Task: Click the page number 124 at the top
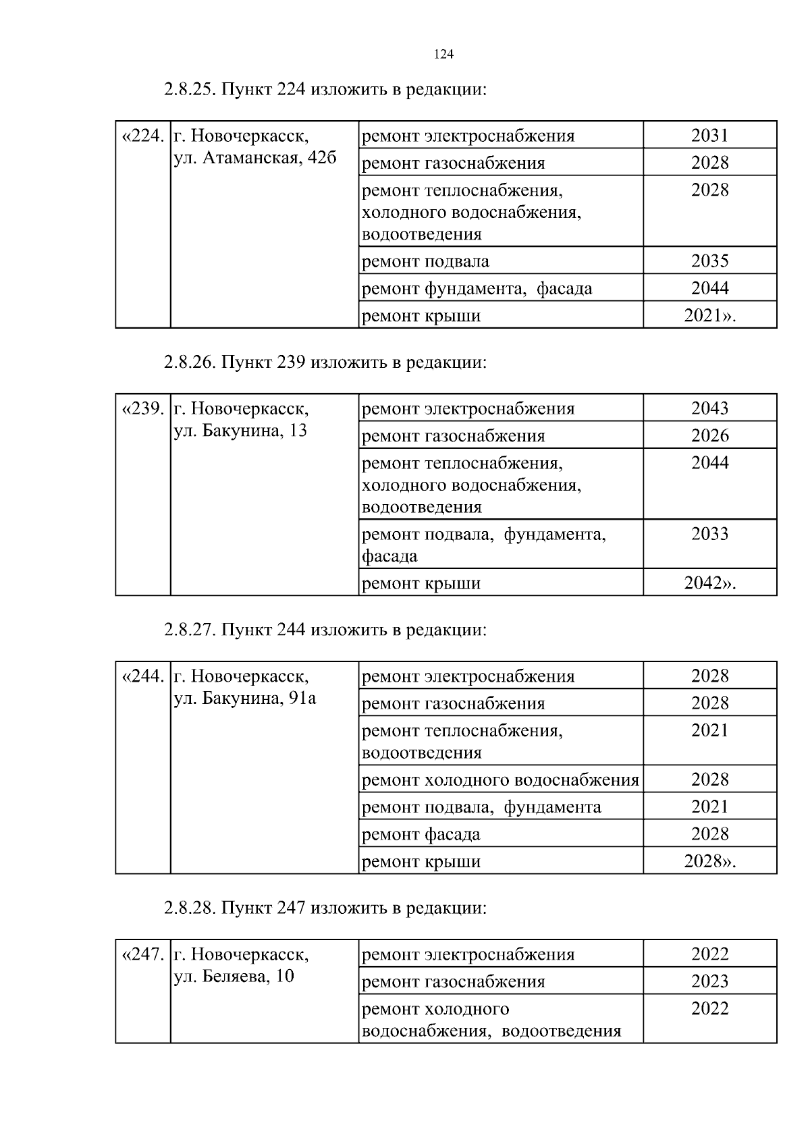(x=443, y=55)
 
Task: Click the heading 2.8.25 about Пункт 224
(x=325, y=90)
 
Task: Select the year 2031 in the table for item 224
(x=709, y=136)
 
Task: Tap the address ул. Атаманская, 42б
(x=255, y=159)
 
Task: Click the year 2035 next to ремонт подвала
(x=709, y=261)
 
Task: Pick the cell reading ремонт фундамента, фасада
(x=477, y=289)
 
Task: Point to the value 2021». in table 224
(x=709, y=316)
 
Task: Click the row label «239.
(x=142, y=409)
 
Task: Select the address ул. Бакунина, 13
(x=240, y=431)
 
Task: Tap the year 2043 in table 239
(x=709, y=408)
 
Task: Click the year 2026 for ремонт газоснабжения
(x=709, y=436)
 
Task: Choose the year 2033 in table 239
(x=709, y=535)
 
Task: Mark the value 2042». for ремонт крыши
(x=709, y=584)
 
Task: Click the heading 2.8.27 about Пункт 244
(x=325, y=630)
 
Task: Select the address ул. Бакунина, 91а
(x=245, y=699)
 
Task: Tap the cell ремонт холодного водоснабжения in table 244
(x=500, y=780)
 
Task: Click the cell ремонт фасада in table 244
(x=421, y=835)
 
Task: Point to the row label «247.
(x=142, y=955)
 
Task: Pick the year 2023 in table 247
(x=709, y=982)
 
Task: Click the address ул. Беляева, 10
(x=234, y=977)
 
